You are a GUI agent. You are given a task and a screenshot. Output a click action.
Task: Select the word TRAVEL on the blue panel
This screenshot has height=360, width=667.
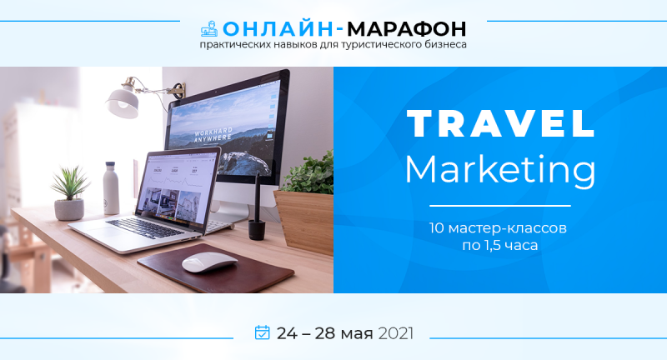(500, 124)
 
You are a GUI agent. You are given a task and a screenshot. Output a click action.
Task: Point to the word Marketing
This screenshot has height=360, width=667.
(500, 169)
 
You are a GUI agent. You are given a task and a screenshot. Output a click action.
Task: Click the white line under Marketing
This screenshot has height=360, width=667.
(500, 205)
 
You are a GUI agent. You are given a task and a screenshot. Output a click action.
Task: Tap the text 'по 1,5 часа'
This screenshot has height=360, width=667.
(500, 246)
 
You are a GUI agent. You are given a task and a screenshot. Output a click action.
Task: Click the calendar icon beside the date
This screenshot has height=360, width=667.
(262, 332)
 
